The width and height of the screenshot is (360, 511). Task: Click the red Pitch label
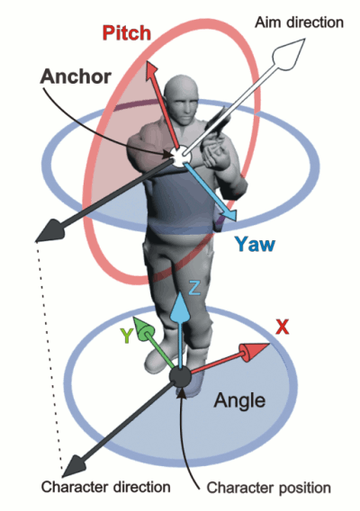(x=127, y=33)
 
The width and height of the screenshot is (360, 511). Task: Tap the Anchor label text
(x=76, y=76)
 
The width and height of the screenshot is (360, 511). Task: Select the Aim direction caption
(x=299, y=22)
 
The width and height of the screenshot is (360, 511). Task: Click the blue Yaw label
(x=255, y=244)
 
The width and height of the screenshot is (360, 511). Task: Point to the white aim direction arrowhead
(x=289, y=53)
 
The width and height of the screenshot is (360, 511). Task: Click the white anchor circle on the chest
(x=180, y=156)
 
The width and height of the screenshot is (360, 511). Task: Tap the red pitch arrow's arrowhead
(x=151, y=70)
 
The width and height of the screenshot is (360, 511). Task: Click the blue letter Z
(x=194, y=288)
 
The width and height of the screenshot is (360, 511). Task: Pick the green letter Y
(x=127, y=336)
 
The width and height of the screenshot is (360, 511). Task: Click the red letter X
(x=283, y=327)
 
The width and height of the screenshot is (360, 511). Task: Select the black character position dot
(x=180, y=377)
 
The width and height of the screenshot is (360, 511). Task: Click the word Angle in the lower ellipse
(x=239, y=400)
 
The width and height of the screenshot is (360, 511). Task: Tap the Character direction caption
(x=105, y=487)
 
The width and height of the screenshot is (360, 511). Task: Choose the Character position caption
(x=269, y=488)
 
